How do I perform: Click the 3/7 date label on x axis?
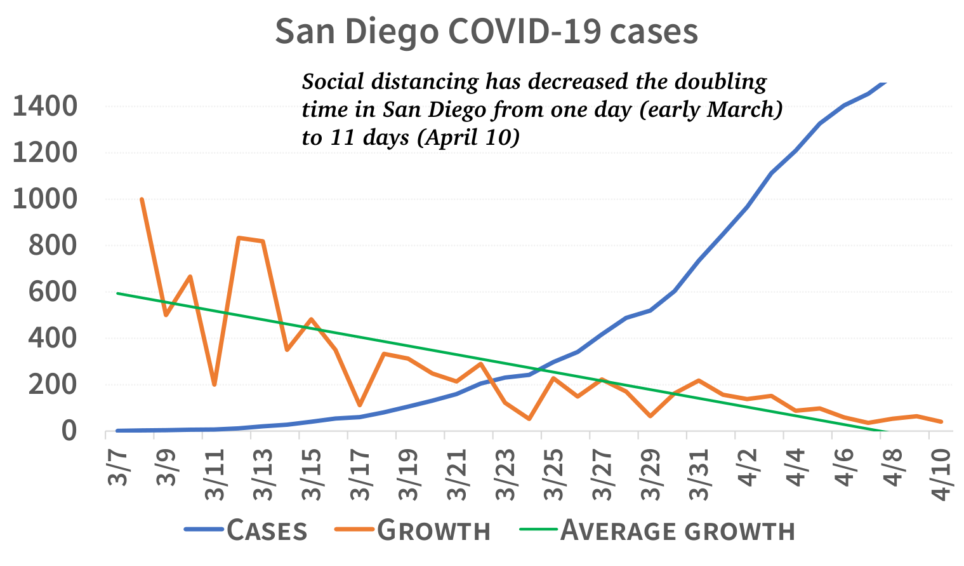[118, 466]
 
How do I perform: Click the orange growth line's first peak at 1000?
[142, 199]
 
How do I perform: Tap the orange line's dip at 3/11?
[215, 384]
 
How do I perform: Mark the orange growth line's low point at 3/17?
[360, 405]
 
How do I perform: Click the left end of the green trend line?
[118, 293]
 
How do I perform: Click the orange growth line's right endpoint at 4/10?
[941, 421]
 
